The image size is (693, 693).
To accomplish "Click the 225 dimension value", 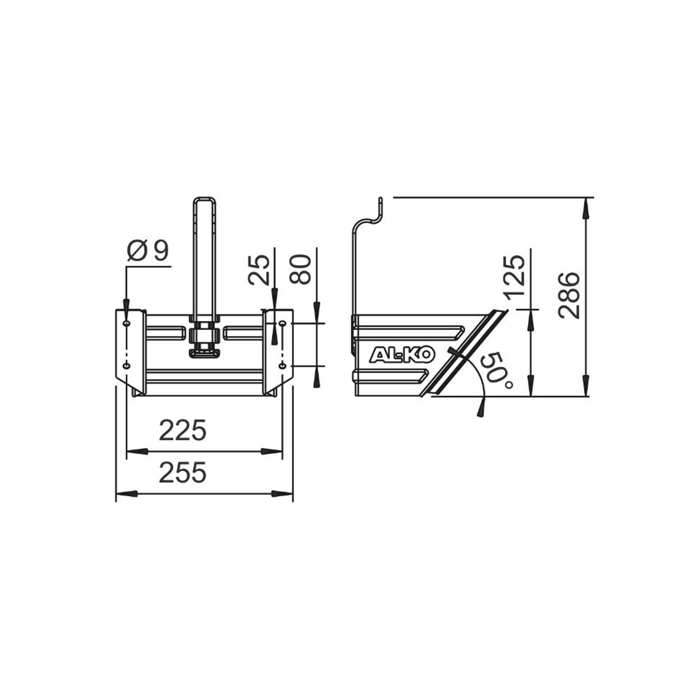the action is (x=182, y=431).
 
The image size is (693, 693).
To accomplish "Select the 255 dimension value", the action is (x=182, y=473).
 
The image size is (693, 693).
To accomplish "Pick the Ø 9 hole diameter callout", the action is (x=148, y=251).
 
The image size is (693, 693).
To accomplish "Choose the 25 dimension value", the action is (x=259, y=269).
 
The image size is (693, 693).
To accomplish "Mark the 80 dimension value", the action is (x=301, y=269).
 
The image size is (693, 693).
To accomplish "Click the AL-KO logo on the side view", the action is (x=401, y=355).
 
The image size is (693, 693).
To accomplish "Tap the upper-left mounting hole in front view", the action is (x=126, y=324).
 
